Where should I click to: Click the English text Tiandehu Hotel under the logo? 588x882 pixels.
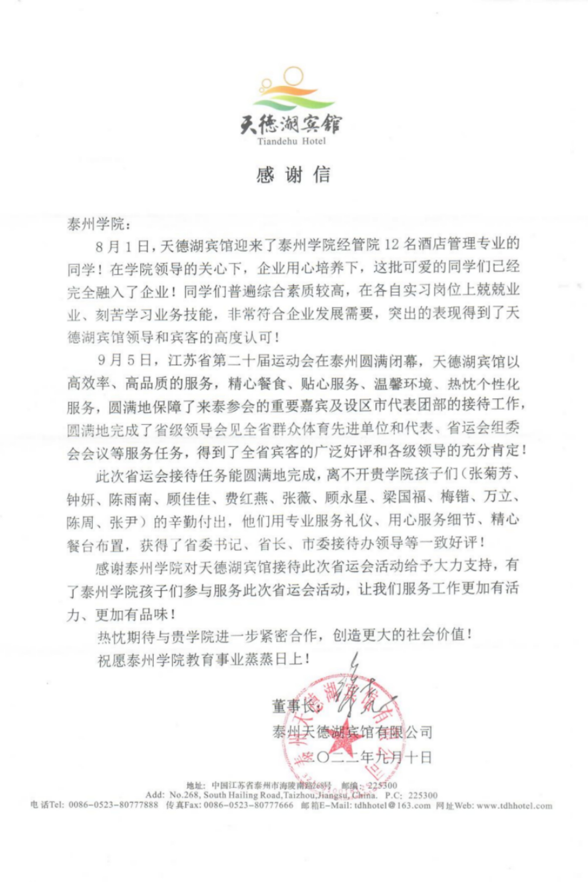pos(291,141)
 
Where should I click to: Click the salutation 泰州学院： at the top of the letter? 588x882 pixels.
pos(98,225)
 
